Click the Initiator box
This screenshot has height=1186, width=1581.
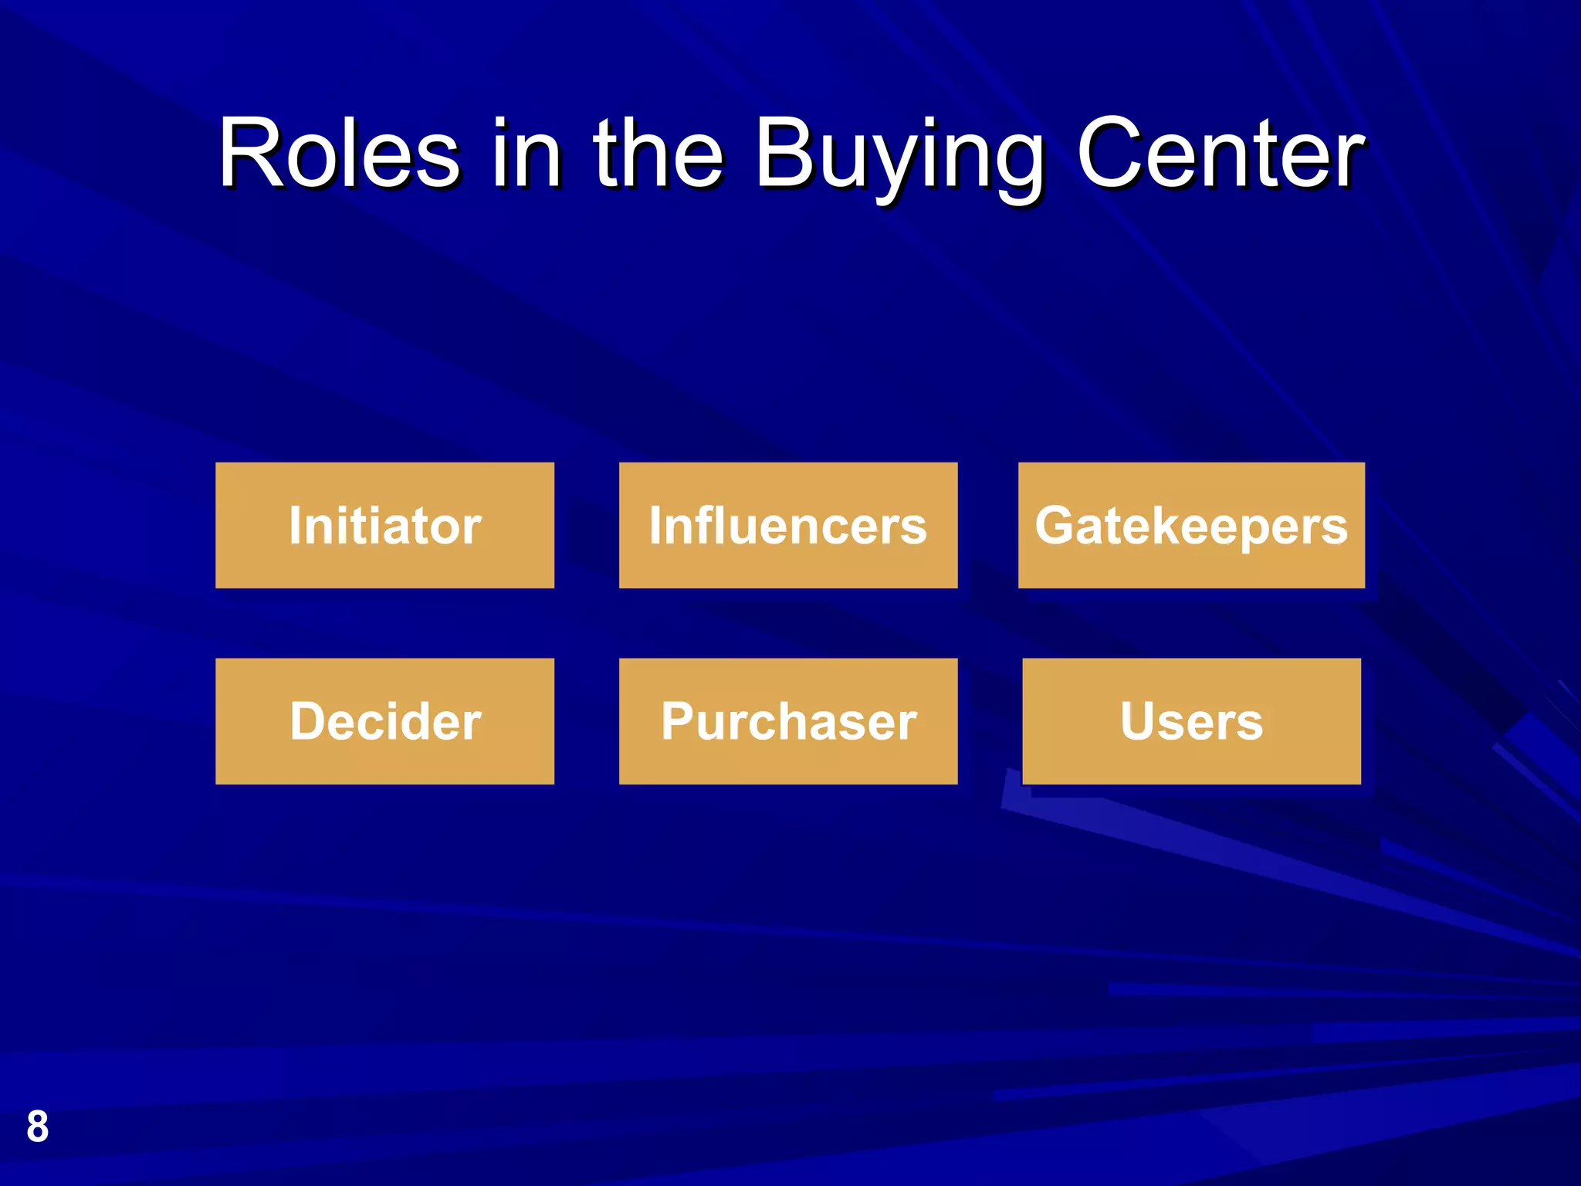point(384,525)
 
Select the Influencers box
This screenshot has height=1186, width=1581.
point(787,525)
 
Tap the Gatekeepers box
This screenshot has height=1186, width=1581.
point(1191,525)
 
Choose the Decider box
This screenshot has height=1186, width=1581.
point(384,721)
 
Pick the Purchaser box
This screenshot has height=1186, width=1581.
point(787,721)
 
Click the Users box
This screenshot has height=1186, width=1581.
point(1191,721)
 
